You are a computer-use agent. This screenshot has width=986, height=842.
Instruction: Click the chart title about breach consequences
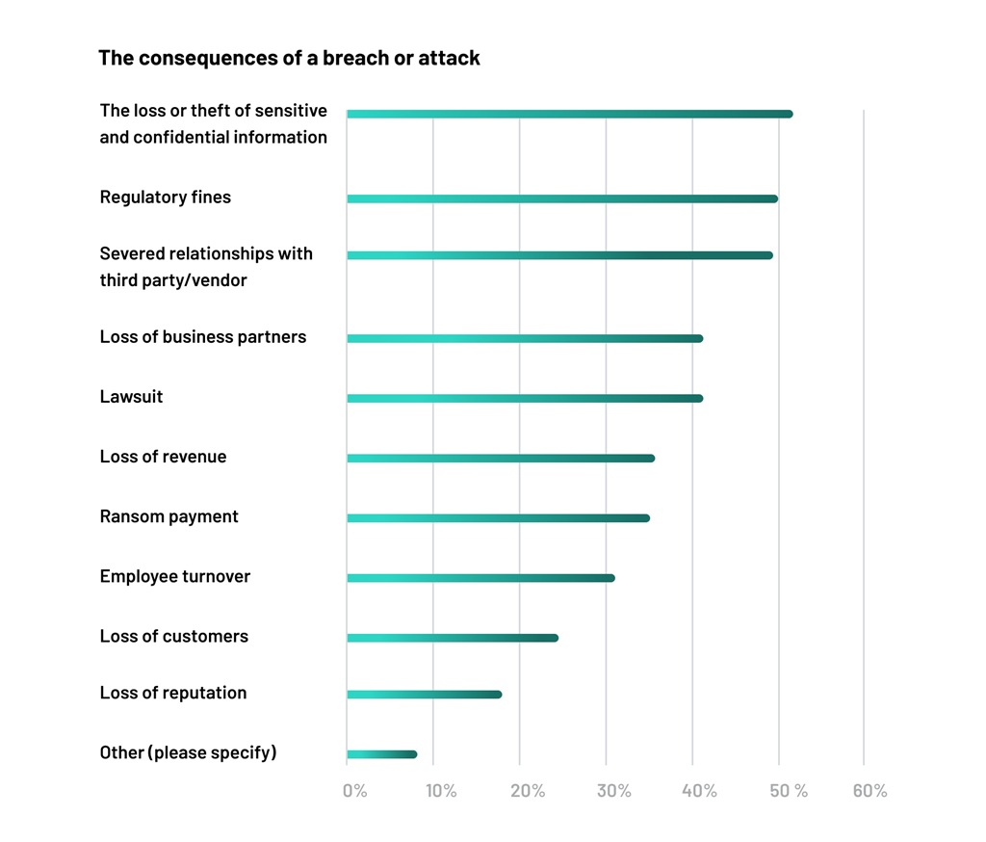coord(289,58)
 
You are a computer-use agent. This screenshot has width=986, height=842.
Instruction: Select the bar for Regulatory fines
coord(562,198)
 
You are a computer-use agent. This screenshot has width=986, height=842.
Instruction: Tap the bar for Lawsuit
coord(525,398)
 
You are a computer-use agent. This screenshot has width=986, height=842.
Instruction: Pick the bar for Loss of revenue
coord(501,458)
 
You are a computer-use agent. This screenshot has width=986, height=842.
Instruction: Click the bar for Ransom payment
coord(498,518)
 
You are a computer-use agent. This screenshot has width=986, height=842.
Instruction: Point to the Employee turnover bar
coord(480,578)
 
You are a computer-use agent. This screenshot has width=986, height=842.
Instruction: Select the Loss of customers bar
coord(453,638)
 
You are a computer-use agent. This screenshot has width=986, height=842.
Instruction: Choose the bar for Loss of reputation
coord(424,695)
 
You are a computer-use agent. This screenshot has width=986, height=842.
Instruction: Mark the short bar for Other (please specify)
coord(381,754)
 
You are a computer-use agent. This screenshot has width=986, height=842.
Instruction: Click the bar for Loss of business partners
coord(525,338)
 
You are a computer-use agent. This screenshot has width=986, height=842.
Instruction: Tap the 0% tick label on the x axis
coord(354,791)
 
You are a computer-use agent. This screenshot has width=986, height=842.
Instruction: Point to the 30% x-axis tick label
coord(613,791)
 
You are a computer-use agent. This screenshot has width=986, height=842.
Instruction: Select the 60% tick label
coord(869,791)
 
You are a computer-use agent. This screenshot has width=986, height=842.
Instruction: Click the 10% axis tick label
coord(441,791)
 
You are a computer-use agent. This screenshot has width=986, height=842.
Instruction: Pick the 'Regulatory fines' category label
coord(166,197)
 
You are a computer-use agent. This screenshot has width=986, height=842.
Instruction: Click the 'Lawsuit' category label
coord(131,397)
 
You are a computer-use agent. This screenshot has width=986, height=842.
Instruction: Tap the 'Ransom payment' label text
coord(169,516)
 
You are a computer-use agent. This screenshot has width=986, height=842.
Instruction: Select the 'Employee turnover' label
coord(174,576)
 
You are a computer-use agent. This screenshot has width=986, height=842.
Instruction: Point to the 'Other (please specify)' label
coord(188,752)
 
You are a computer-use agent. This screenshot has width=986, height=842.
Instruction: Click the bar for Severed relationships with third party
coord(559,255)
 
